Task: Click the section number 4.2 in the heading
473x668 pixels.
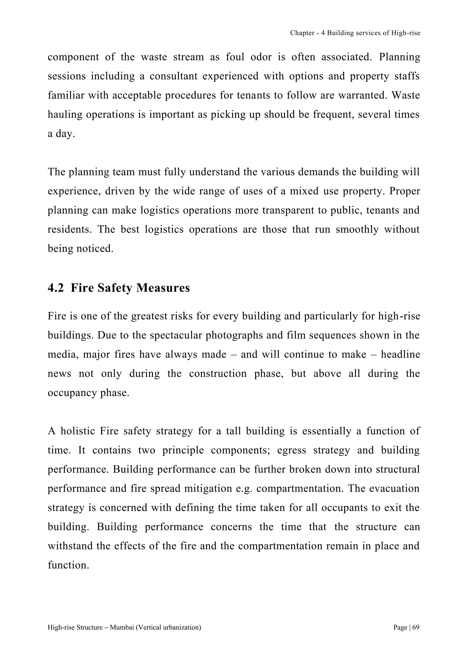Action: coord(56,288)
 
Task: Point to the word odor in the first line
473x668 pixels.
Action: coord(261,57)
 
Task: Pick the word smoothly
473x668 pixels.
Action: coord(357,230)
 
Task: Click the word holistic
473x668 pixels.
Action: coord(77,431)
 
